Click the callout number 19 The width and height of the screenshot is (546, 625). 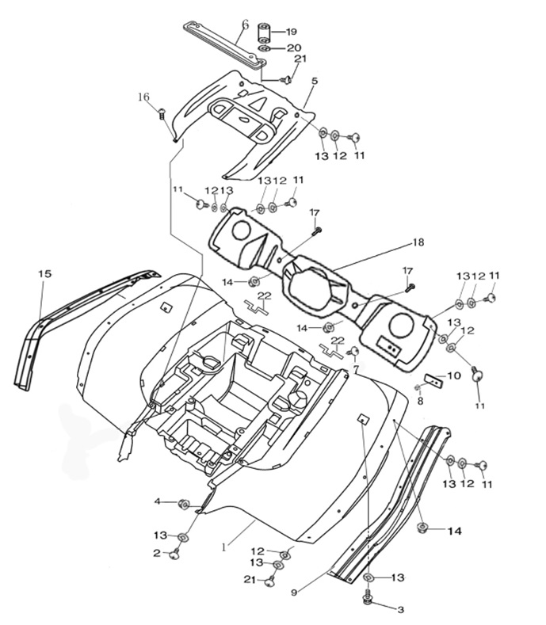pos(291,32)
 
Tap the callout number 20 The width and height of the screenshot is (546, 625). pos(294,48)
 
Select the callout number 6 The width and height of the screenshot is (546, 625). pos(245,25)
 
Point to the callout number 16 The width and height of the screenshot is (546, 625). pos(143,97)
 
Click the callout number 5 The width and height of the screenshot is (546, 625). pos(315,81)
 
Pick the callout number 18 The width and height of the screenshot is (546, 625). pos(418,242)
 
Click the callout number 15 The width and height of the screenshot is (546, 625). pos(44,274)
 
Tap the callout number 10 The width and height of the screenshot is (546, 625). pos(454,375)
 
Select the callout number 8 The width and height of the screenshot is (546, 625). pos(420,402)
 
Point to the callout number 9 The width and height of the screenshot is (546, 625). pos(294,593)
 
